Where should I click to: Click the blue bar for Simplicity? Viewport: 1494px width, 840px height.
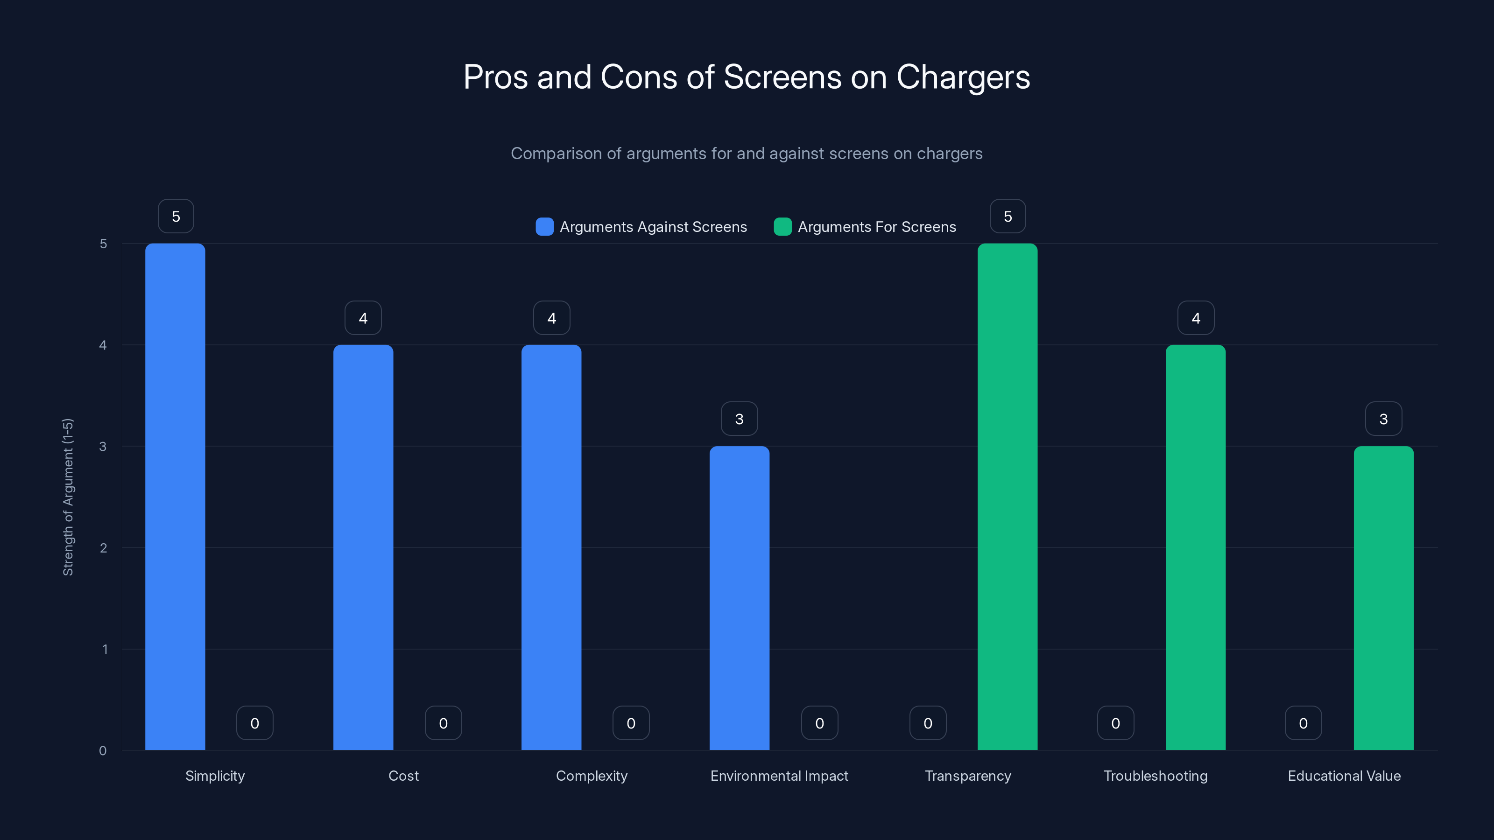point(175,496)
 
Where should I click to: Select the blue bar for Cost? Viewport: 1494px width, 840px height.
point(363,547)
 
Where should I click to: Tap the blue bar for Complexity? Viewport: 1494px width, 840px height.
point(551,547)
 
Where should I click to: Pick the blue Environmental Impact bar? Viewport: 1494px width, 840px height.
point(740,598)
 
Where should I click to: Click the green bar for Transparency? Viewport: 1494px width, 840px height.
point(1008,496)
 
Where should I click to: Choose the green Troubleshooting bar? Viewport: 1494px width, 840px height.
point(1195,547)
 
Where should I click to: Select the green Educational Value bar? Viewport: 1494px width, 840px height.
point(1383,598)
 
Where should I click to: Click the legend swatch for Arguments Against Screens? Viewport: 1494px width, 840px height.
point(544,227)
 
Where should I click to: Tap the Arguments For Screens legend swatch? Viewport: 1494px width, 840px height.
point(782,227)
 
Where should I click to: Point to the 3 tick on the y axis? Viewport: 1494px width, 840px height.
point(103,447)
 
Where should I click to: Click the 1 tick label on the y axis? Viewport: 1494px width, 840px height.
point(105,649)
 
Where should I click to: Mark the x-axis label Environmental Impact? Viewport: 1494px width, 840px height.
point(779,776)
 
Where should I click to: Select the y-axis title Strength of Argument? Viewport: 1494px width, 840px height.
point(68,497)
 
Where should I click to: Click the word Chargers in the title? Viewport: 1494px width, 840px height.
point(963,77)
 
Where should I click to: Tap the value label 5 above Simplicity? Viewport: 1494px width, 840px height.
point(176,216)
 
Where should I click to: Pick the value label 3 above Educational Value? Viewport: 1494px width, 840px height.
point(1383,419)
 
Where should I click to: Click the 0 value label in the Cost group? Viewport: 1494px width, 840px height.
point(443,723)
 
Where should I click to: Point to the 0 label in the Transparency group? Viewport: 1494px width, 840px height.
point(928,723)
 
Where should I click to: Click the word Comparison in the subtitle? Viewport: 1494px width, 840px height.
point(556,154)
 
